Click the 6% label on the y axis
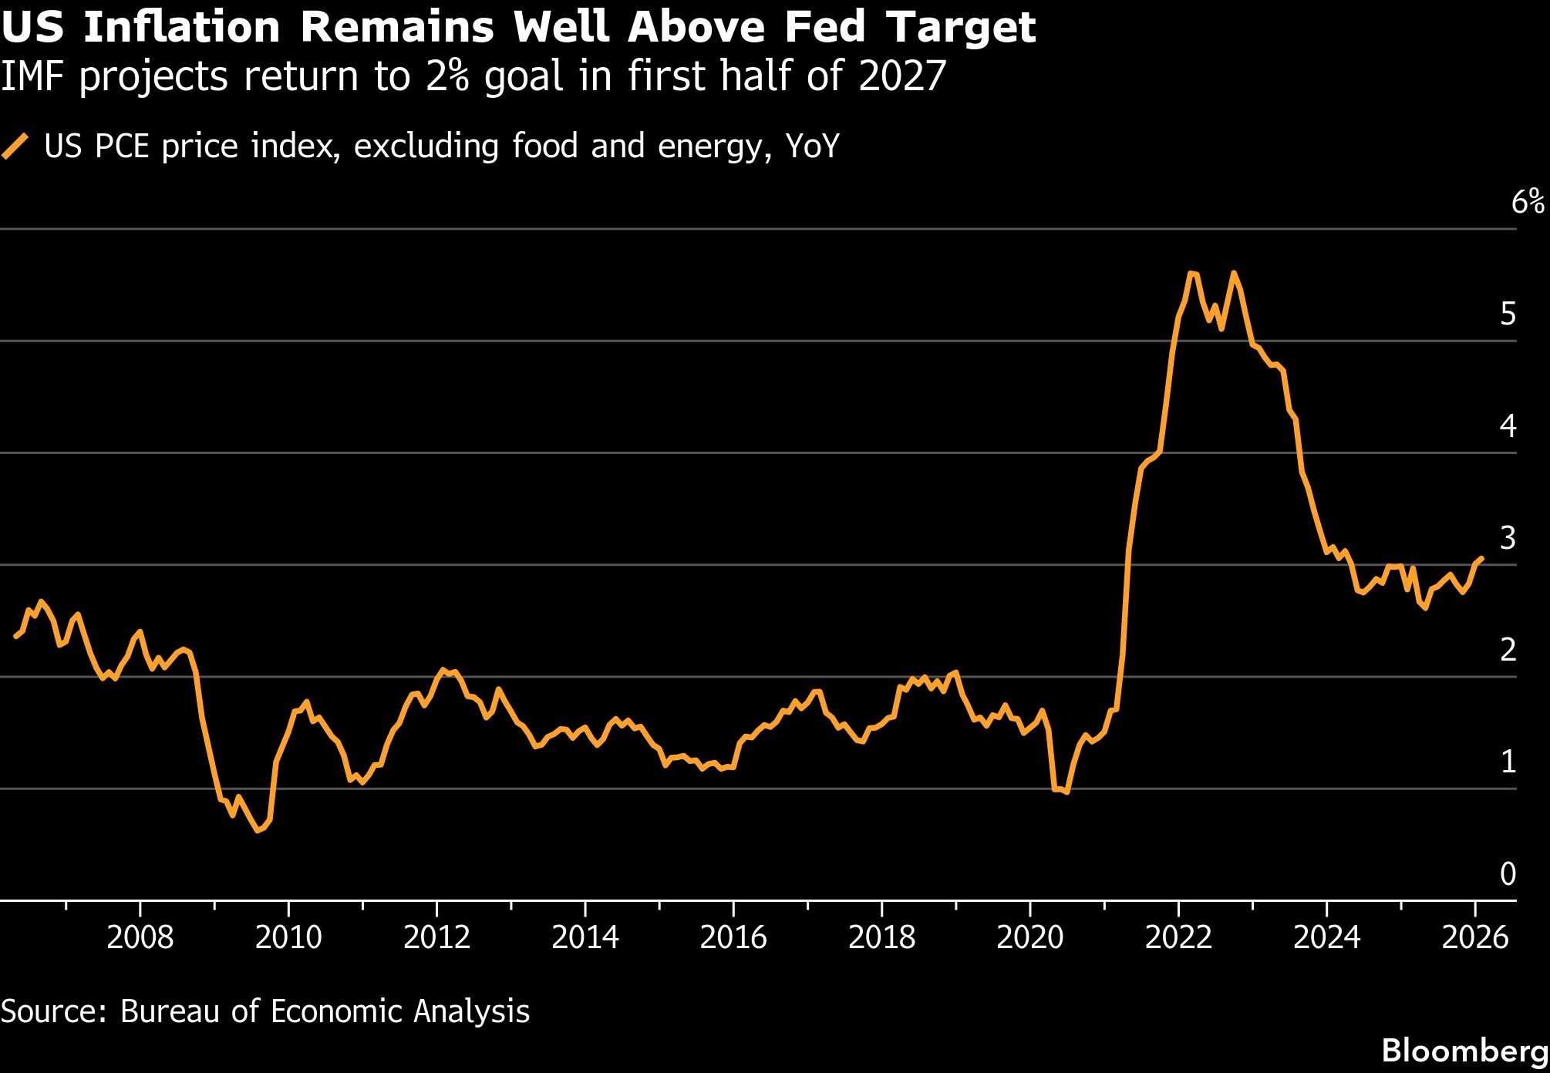click(1528, 203)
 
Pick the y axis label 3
click(1508, 538)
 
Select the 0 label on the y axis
click(1508, 873)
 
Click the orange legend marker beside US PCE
click(15, 146)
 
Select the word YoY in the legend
click(811, 146)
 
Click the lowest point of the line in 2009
click(258, 831)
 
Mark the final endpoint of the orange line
click(1481, 558)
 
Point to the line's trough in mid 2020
click(1066, 792)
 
